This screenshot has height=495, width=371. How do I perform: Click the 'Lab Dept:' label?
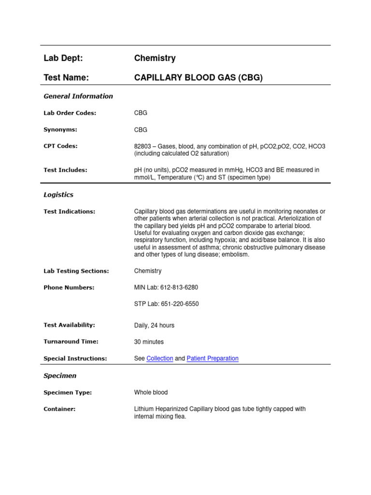[63, 58]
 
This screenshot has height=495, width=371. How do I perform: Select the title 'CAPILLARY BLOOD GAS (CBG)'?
[198, 77]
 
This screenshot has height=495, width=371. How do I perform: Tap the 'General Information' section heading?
[78, 96]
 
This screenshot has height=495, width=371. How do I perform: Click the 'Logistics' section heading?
[58, 195]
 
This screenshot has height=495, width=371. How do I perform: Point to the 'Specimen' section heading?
[60, 376]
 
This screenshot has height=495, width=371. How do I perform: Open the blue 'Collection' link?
[159, 359]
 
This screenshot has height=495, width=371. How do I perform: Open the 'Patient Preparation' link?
[213, 359]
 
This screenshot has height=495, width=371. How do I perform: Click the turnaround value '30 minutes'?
[149, 342]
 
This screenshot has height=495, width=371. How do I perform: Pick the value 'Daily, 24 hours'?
[154, 325]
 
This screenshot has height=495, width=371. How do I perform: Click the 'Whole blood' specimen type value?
[151, 393]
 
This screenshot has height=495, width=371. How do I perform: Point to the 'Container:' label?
[59, 409]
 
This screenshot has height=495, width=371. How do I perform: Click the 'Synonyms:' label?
[60, 130]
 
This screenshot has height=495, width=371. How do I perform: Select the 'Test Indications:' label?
[69, 211]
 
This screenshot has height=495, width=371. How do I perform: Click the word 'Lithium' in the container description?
[144, 409]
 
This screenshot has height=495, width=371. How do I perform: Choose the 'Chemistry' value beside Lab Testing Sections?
[148, 271]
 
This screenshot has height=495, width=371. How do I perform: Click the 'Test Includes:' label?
[65, 170]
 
